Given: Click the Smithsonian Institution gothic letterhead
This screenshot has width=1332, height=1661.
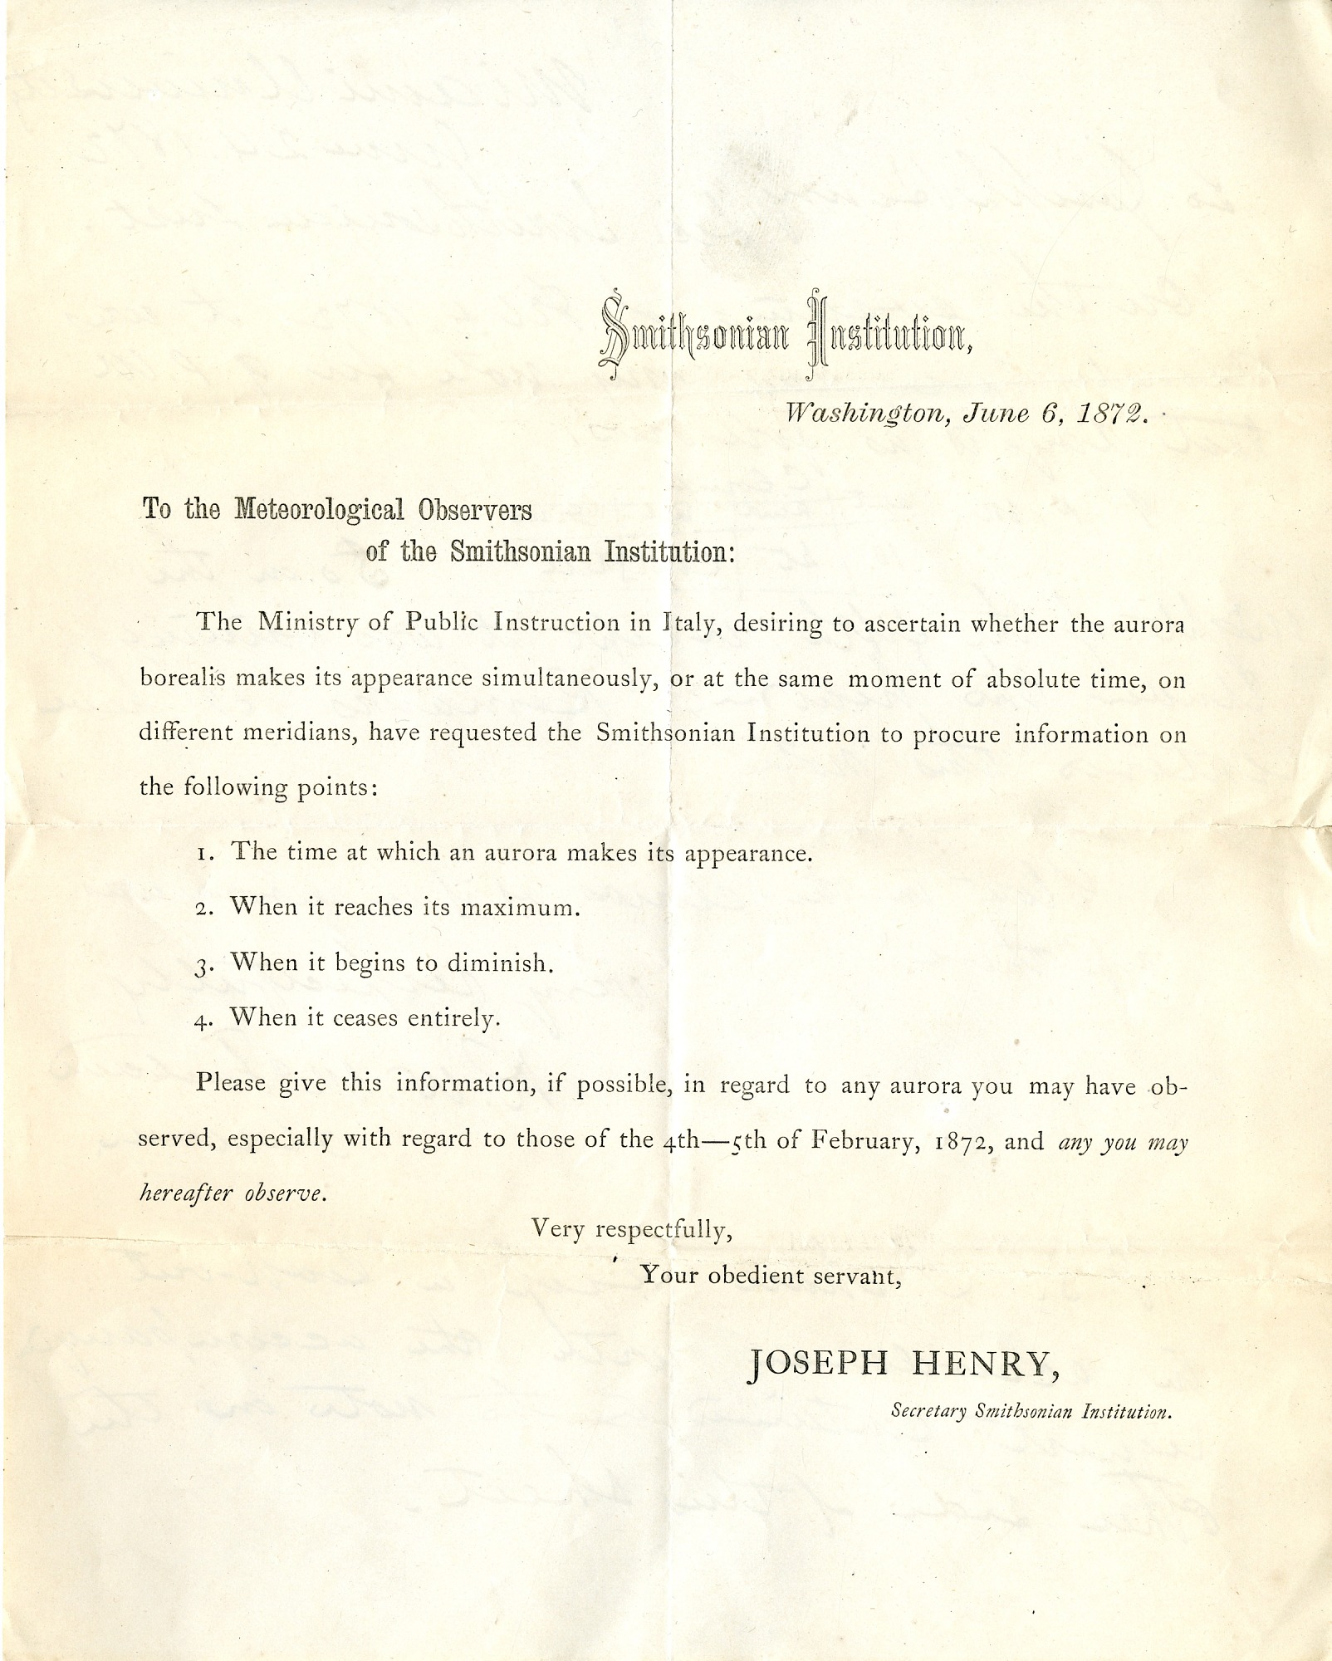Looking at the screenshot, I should pyautogui.click(x=784, y=337).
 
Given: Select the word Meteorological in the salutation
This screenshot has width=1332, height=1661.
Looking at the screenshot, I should pyautogui.click(x=319, y=509).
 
